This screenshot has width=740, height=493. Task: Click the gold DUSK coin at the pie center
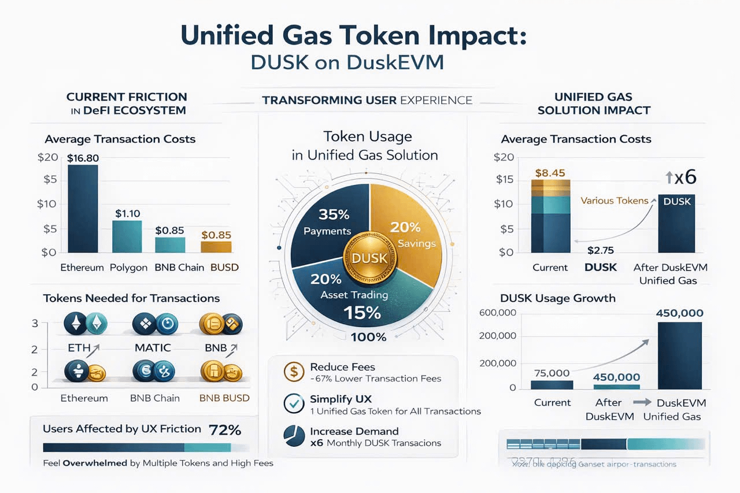(x=365, y=258)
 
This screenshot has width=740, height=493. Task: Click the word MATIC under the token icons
(x=153, y=348)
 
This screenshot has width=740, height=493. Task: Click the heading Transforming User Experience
(x=367, y=100)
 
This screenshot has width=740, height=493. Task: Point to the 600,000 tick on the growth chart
(x=498, y=313)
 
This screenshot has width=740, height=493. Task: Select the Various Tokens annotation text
(x=614, y=201)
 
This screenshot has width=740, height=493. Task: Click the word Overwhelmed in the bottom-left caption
(x=95, y=463)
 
